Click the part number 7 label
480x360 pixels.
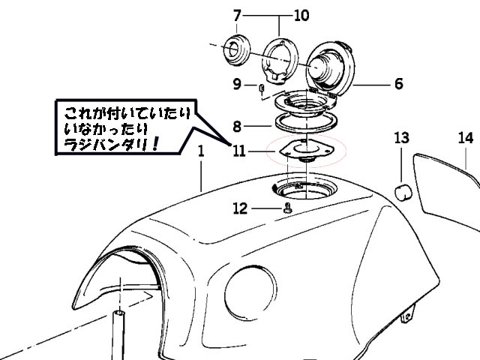(x=237, y=15)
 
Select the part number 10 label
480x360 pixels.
(x=301, y=15)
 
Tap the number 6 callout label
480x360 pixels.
(x=398, y=83)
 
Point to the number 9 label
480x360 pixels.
(x=237, y=84)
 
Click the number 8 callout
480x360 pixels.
(x=237, y=126)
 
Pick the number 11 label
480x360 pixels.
(x=239, y=151)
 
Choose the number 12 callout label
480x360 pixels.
(x=240, y=208)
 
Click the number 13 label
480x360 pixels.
(x=402, y=138)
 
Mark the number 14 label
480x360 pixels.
(x=466, y=138)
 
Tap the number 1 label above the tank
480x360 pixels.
(x=201, y=151)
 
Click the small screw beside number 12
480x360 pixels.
(x=287, y=208)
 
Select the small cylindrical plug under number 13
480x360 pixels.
(x=403, y=192)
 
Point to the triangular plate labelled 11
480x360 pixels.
(x=307, y=150)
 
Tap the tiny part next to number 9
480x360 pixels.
(x=261, y=88)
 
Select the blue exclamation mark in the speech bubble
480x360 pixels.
(x=155, y=143)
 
